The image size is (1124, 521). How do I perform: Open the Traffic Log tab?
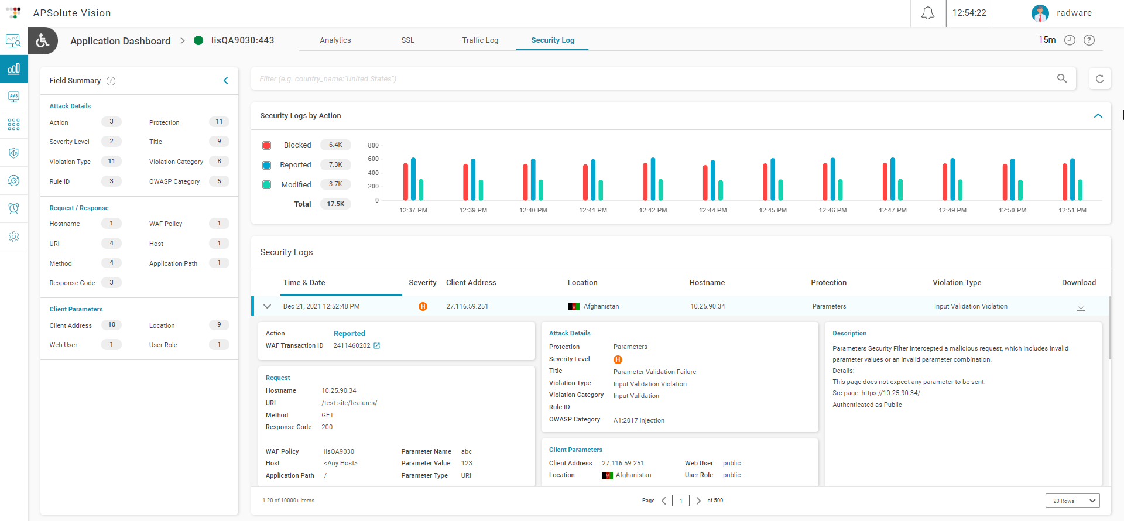tap(480, 40)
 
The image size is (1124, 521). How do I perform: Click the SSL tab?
tap(407, 40)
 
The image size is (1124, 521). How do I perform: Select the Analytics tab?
tap(335, 40)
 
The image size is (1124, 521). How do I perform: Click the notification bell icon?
tap(928, 13)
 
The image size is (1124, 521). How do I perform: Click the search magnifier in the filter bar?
tap(1062, 78)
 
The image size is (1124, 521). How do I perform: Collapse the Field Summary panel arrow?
tap(225, 81)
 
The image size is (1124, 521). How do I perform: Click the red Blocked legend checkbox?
tap(267, 145)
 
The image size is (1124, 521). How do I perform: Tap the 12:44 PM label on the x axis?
tap(712, 210)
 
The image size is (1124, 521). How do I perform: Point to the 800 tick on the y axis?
tap(373, 145)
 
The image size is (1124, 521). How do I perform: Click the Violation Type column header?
tap(957, 283)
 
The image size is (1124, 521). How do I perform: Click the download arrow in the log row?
tap(1081, 307)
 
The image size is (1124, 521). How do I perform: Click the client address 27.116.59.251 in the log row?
tap(467, 306)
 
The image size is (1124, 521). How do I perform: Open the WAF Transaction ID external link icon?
tap(377, 346)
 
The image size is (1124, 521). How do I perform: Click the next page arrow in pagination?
tap(698, 501)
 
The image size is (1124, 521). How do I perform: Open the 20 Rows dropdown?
tap(1072, 501)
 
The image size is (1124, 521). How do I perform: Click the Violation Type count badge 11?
tap(111, 161)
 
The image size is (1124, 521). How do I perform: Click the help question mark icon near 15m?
tap(1089, 40)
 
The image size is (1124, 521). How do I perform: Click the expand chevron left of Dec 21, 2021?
tap(268, 306)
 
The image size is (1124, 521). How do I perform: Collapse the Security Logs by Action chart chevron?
tap(1098, 116)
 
